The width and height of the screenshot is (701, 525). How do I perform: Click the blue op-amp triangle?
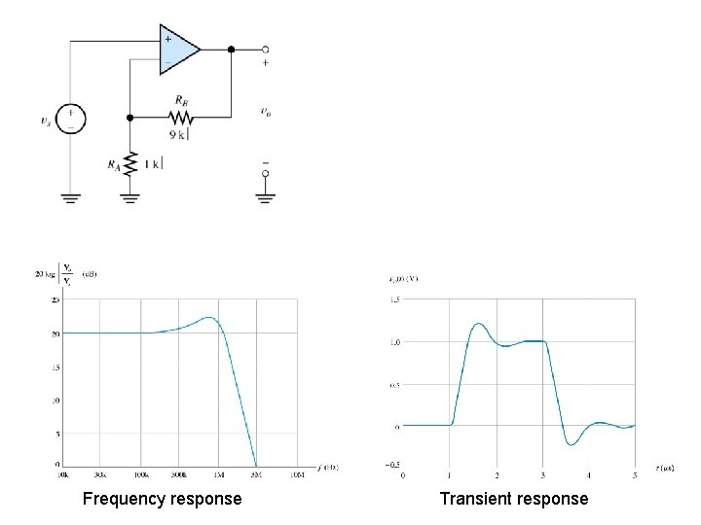[x=178, y=49]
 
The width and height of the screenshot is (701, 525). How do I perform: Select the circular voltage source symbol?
[x=70, y=119]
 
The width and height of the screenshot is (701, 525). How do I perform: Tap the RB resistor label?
[x=182, y=100]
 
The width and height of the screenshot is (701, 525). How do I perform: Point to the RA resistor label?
[x=114, y=164]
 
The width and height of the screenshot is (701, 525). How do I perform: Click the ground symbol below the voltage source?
[x=70, y=197]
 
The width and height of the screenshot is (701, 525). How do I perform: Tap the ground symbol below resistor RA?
[x=130, y=198]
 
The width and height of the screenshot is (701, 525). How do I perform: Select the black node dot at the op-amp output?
[x=231, y=49]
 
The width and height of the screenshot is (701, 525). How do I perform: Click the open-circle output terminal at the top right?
[x=265, y=49]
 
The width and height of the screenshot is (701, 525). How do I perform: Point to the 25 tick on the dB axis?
[x=55, y=300]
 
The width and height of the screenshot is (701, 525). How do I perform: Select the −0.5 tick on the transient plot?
[x=391, y=466]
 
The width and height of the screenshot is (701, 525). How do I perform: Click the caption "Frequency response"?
[x=162, y=499]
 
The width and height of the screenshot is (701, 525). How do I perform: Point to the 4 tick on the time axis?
[x=589, y=475]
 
